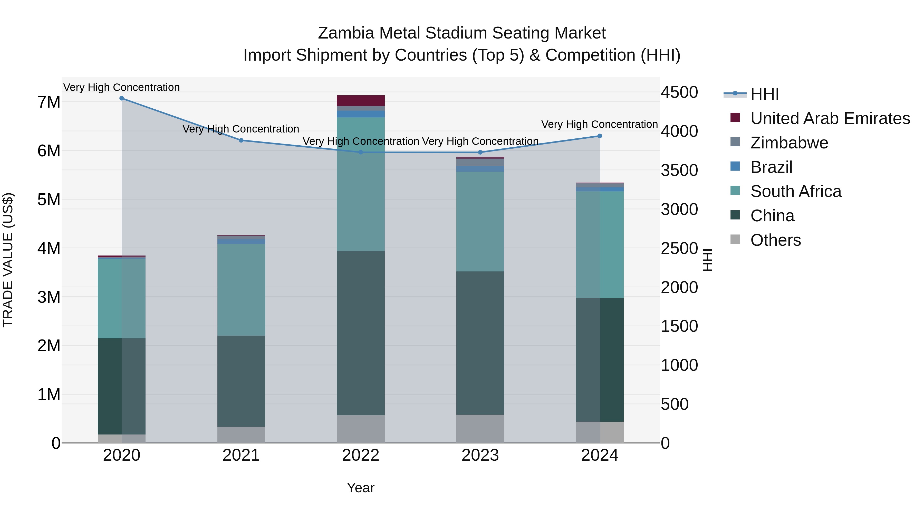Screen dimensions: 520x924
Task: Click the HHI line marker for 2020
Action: point(122,98)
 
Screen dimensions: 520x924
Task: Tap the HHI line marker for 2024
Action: point(600,136)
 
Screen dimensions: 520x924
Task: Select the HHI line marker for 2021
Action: point(241,140)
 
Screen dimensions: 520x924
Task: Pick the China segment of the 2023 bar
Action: point(480,343)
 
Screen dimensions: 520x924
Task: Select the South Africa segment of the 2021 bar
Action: point(241,290)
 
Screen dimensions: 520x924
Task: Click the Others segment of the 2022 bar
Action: point(361,429)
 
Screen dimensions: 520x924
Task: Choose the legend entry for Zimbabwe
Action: point(789,143)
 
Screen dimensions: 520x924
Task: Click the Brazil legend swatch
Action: point(735,166)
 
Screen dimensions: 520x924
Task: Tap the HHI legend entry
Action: point(764,94)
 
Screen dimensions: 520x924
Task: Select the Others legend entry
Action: point(775,240)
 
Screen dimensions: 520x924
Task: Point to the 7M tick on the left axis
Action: point(49,102)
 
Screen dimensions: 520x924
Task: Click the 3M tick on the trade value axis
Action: point(49,297)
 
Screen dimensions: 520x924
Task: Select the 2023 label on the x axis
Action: point(480,455)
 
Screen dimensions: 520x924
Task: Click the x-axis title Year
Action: point(361,488)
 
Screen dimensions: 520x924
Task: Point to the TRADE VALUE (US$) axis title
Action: point(8,260)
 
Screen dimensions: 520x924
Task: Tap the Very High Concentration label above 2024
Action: point(599,124)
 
